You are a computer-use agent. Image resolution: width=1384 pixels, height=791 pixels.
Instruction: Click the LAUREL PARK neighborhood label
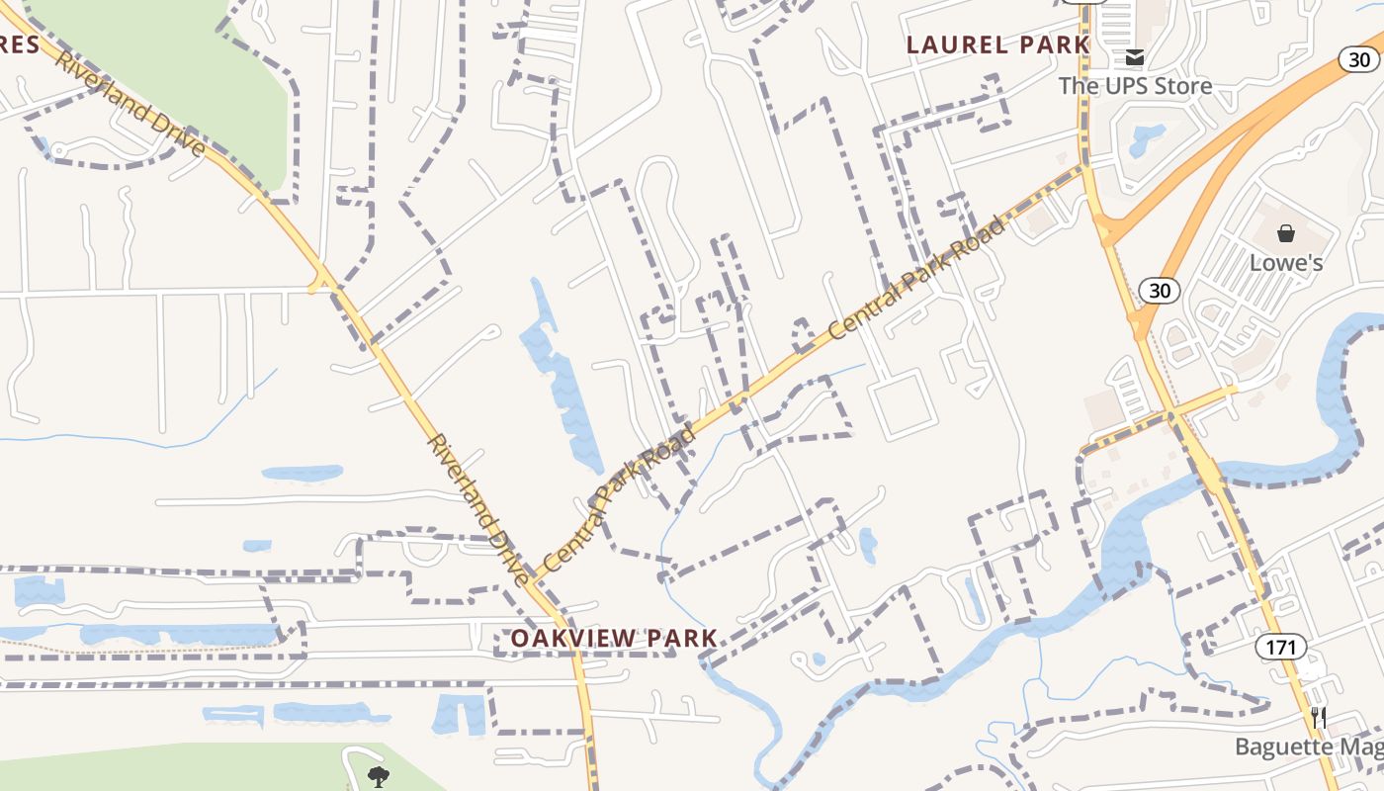pos(997,44)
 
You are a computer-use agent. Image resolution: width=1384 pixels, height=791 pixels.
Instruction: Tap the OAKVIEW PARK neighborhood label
pos(613,638)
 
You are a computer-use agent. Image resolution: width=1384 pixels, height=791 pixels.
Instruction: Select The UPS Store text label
pos(1135,86)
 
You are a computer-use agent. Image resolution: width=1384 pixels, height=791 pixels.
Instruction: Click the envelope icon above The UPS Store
pos(1134,57)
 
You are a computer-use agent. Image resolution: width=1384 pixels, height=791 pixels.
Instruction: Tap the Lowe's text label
pos(1286,263)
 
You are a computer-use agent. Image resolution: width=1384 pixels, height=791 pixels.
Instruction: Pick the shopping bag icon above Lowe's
pos(1286,233)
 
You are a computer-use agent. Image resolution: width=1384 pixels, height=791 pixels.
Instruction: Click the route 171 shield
pos(1281,648)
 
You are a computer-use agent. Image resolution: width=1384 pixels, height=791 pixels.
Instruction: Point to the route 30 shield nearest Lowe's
pos(1159,290)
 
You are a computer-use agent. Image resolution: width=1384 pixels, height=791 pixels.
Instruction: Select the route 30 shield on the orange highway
pos(1360,60)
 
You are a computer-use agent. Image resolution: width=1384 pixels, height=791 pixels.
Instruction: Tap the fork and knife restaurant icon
pos(1318,717)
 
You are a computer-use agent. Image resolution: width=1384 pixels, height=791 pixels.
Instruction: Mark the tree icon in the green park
pos(378,776)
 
